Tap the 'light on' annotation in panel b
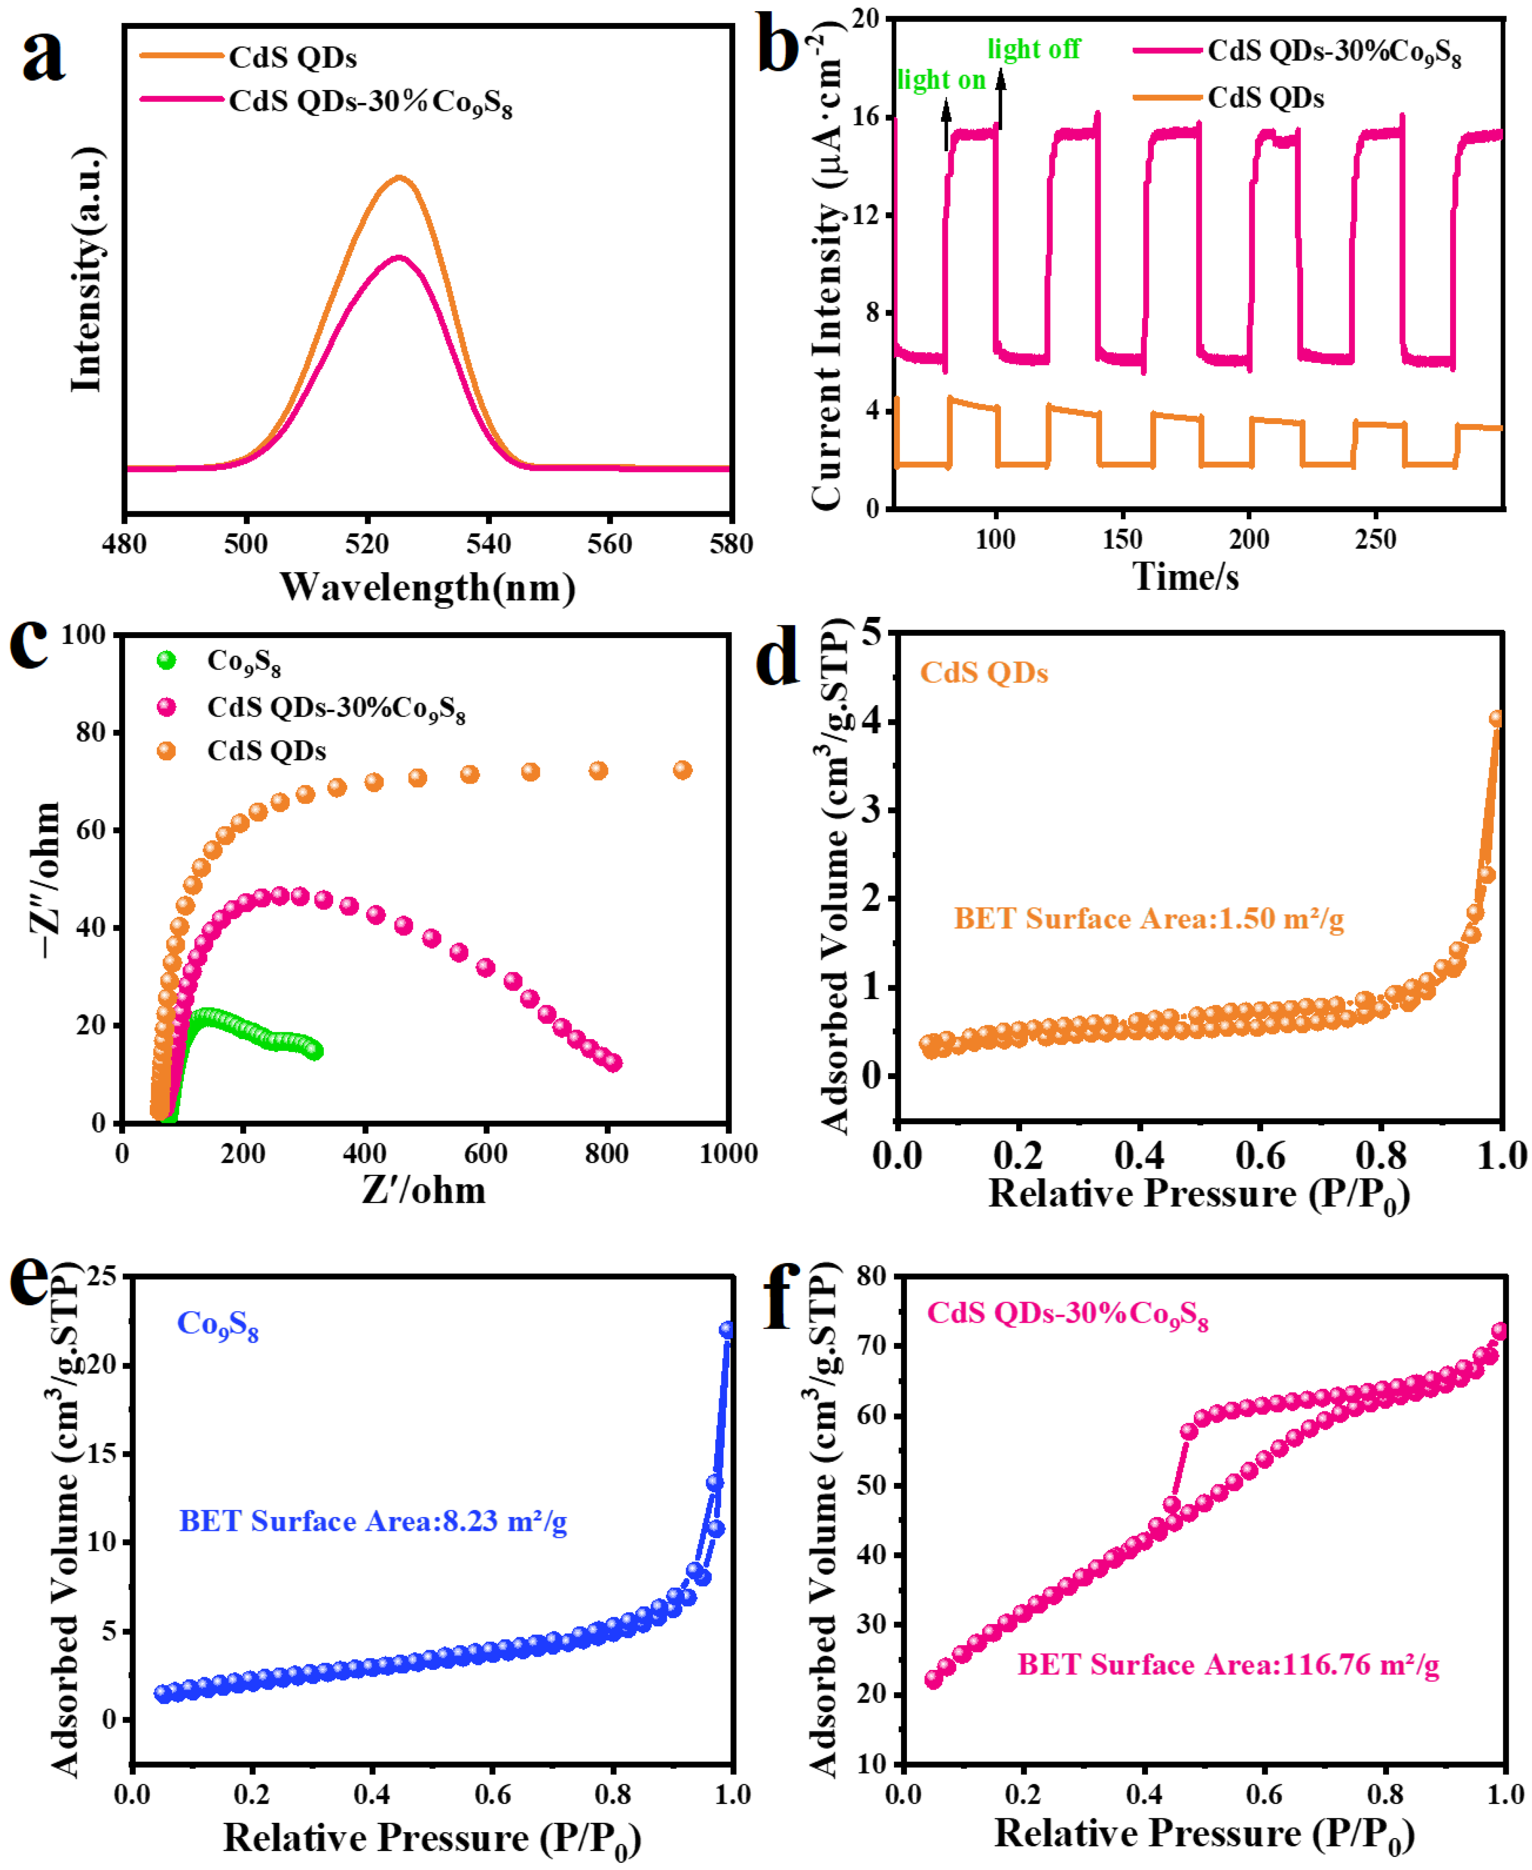tap(941, 80)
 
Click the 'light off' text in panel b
tap(1033, 49)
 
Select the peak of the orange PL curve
tap(400, 178)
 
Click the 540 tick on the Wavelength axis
tap(488, 544)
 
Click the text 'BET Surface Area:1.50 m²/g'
tap(1148, 919)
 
